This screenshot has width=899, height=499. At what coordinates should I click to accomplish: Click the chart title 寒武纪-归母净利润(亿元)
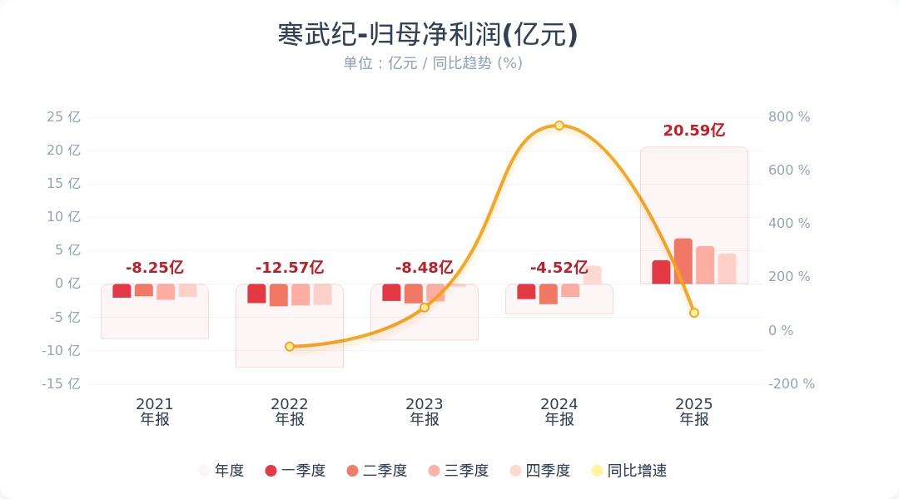pos(428,35)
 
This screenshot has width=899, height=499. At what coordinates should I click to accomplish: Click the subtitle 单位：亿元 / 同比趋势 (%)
pos(433,63)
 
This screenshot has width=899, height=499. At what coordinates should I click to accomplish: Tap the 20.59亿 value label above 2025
pos(694,131)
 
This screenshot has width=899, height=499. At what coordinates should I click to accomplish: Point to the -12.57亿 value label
pos(290,268)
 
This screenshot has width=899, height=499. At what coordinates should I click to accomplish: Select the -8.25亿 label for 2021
pos(155,268)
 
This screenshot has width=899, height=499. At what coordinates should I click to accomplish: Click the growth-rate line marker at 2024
pos(559,126)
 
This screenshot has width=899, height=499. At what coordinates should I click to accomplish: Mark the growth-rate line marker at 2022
pos(290,347)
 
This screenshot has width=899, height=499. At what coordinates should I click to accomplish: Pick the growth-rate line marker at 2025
pos(694,313)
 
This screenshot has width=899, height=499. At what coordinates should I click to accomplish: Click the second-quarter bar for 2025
pos(683,261)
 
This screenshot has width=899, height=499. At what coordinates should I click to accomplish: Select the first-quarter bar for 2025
pos(661,272)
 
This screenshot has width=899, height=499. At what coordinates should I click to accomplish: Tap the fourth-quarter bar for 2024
pos(593,275)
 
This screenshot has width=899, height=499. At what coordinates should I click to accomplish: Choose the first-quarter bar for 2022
pos(256,293)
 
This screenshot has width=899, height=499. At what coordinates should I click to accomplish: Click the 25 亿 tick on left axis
pos(64,117)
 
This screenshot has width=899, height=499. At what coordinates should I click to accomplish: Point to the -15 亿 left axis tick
pos(62,384)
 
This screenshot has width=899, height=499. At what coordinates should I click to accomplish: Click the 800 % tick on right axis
pos(788,117)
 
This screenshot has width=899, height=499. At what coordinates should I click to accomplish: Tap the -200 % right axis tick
pos(791,384)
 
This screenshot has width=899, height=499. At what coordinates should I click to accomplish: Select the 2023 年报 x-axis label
pos(425,412)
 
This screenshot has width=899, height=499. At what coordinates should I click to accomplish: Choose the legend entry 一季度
pos(296,471)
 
